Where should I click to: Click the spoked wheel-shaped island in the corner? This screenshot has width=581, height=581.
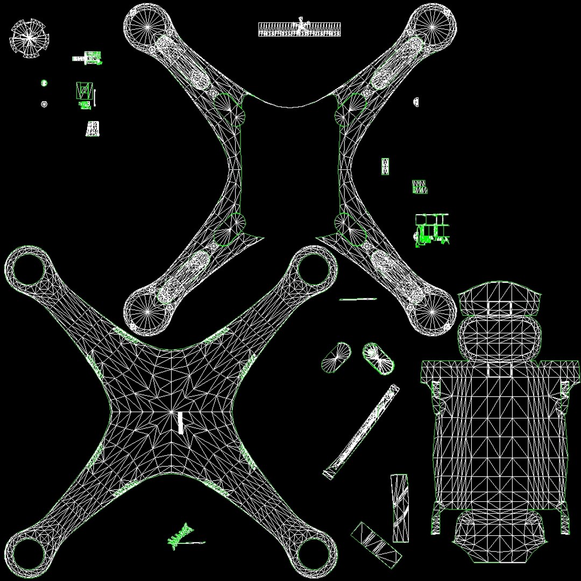pos(30,38)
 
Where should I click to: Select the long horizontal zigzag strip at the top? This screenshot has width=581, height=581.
pos(299,30)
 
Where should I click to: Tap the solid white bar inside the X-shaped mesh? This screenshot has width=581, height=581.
pos(181,422)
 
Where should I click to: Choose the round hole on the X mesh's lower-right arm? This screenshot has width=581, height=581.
pos(316,552)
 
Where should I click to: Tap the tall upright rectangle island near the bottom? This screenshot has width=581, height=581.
pos(399,508)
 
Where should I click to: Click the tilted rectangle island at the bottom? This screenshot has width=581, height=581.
pos(377,545)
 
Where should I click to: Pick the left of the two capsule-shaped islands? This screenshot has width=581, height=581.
pos(336,358)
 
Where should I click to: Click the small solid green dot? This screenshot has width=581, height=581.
pos(44,83)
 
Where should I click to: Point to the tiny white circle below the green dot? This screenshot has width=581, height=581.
pos(44,104)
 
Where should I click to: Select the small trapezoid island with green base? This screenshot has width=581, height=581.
pos(93,129)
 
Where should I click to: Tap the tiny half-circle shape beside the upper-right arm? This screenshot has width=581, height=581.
pos(416,101)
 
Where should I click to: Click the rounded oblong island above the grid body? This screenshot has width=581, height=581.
pos(499,337)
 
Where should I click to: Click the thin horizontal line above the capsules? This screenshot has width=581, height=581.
pos(358,299)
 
